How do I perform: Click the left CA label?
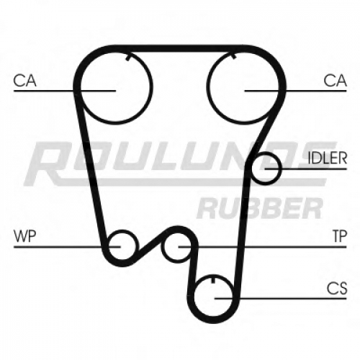(x=24, y=81)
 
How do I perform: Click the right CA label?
(x=335, y=81)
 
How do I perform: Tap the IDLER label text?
(x=328, y=158)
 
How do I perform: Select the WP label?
(x=25, y=236)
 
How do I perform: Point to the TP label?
(x=340, y=236)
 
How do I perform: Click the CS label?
(x=337, y=288)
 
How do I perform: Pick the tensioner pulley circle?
(x=162, y=247)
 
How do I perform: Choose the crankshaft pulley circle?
(x=213, y=317)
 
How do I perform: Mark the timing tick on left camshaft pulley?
(x=128, y=58)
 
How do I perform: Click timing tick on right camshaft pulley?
(x=234, y=57)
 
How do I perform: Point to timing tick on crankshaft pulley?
(x=213, y=279)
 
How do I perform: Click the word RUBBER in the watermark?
(x=259, y=208)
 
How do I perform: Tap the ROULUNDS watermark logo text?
(x=180, y=164)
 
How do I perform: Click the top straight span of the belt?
(x=180, y=48)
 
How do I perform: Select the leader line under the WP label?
(x=67, y=247)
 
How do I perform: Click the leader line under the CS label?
(x=281, y=299)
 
